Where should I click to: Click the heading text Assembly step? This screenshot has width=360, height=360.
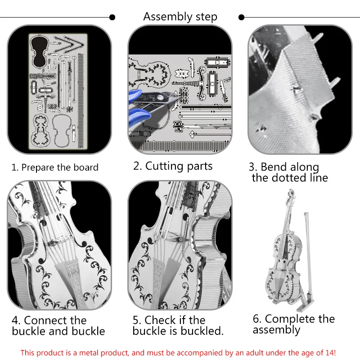click(180, 17)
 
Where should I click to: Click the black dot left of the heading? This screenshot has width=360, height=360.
click(112, 18)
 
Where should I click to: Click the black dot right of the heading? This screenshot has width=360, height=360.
click(242, 18)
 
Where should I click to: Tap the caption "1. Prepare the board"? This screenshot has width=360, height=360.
click(54, 167)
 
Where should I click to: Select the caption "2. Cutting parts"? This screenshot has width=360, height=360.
click(173, 166)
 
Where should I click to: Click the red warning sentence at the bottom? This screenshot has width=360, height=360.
click(178, 352)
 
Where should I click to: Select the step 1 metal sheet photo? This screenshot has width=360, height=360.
click(59, 90)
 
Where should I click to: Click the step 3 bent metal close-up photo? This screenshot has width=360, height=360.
click(300, 90)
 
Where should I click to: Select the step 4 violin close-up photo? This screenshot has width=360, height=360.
click(59, 245)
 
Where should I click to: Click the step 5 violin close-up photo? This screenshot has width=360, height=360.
click(180, 245)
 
